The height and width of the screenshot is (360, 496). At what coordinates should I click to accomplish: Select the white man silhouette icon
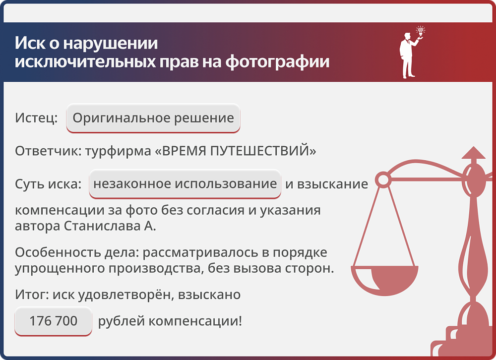[408, 56]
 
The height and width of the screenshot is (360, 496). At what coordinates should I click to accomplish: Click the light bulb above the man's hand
[421, 31]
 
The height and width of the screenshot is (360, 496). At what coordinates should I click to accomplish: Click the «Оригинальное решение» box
[153, 118]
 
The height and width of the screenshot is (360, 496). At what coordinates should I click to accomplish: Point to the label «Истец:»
[36, 118]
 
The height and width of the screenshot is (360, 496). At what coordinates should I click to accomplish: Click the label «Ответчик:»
[48, 151]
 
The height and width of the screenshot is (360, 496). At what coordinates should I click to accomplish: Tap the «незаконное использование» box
[185, 184]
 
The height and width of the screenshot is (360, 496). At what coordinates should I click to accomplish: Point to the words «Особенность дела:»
[77, 252]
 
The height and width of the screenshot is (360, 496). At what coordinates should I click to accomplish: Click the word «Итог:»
[31, 295]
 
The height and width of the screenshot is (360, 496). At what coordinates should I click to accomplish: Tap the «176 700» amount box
[53, 321]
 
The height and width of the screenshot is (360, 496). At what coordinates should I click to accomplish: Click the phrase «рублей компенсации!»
[170, 321]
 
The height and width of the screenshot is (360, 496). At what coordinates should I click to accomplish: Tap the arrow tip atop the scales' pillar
[474, 152]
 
